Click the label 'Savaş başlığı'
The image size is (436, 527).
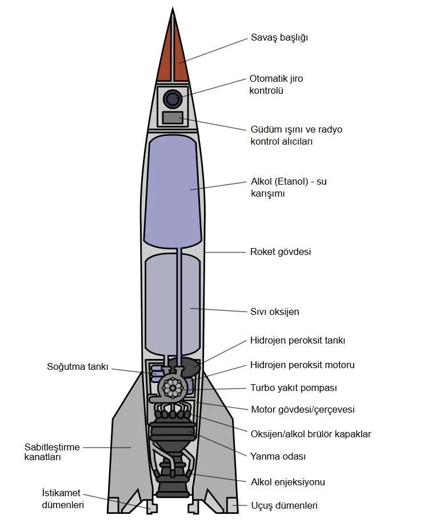tap(279, 38)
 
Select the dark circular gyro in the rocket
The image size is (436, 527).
tap(173, 99)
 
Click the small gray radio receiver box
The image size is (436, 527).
tap(173, 118)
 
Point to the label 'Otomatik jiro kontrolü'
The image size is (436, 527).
tap(276, 85)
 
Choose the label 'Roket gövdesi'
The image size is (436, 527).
tap(281, 252)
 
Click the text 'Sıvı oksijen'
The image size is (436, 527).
tap(275, 312)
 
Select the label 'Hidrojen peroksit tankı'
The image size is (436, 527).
tap(298, 341)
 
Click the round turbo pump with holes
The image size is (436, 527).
tap(171, 388)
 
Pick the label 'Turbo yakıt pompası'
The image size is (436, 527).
tap(294, 388)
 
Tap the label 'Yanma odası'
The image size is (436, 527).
tap(278, 456)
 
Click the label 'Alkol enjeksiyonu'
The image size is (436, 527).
tap(287, 482)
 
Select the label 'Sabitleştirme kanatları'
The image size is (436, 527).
tap(52, 452)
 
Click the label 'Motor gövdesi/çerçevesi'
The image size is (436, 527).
tap(302, 409)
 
